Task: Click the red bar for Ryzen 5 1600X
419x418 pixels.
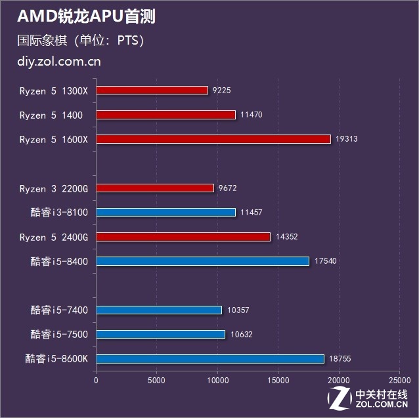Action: pos(213,139)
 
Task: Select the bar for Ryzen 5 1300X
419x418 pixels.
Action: pos(152,91)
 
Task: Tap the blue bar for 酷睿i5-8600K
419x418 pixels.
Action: pos(210,359)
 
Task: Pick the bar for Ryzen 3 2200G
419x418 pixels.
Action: pos(155,188)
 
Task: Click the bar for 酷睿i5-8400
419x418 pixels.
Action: pos(203,261)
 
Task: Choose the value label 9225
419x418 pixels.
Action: pos(222,91)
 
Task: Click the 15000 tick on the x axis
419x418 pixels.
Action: pos(278,380)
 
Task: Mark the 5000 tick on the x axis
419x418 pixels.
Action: pos(156,380)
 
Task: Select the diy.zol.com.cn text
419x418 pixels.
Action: pos(59,62)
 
